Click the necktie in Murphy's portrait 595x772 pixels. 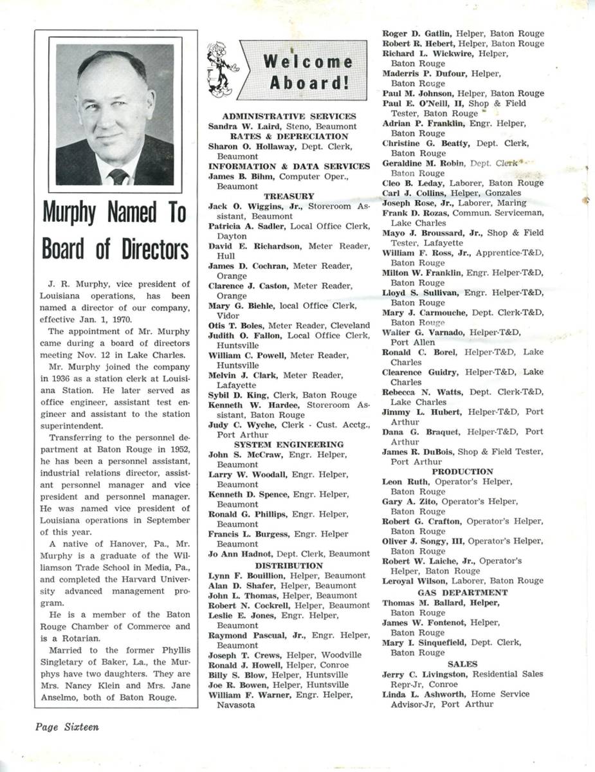118,176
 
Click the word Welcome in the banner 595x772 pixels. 307,62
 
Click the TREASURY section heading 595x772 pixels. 289,196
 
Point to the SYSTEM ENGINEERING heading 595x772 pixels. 289,445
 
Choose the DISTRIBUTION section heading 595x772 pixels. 289,565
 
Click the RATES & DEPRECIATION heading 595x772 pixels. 289,136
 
